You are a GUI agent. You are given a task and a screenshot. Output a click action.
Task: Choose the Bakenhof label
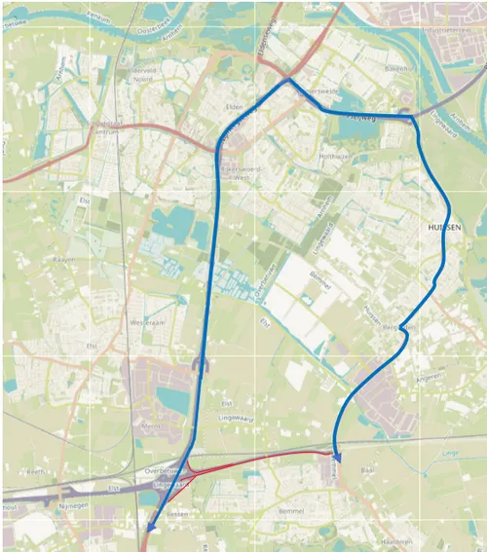pos(398,69)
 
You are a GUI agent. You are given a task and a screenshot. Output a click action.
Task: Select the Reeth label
pos(36,471)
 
